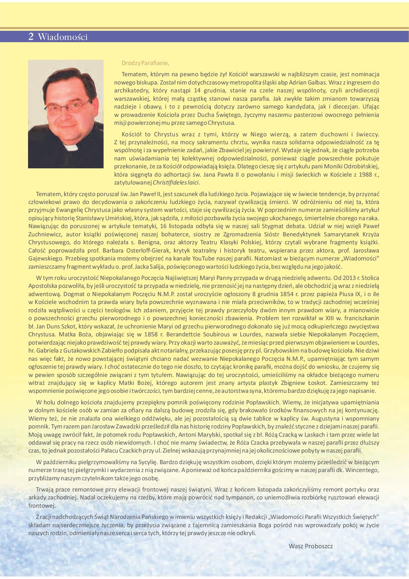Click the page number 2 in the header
(31, 37)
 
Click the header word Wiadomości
(63, 37)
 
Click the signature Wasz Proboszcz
(310, 546)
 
